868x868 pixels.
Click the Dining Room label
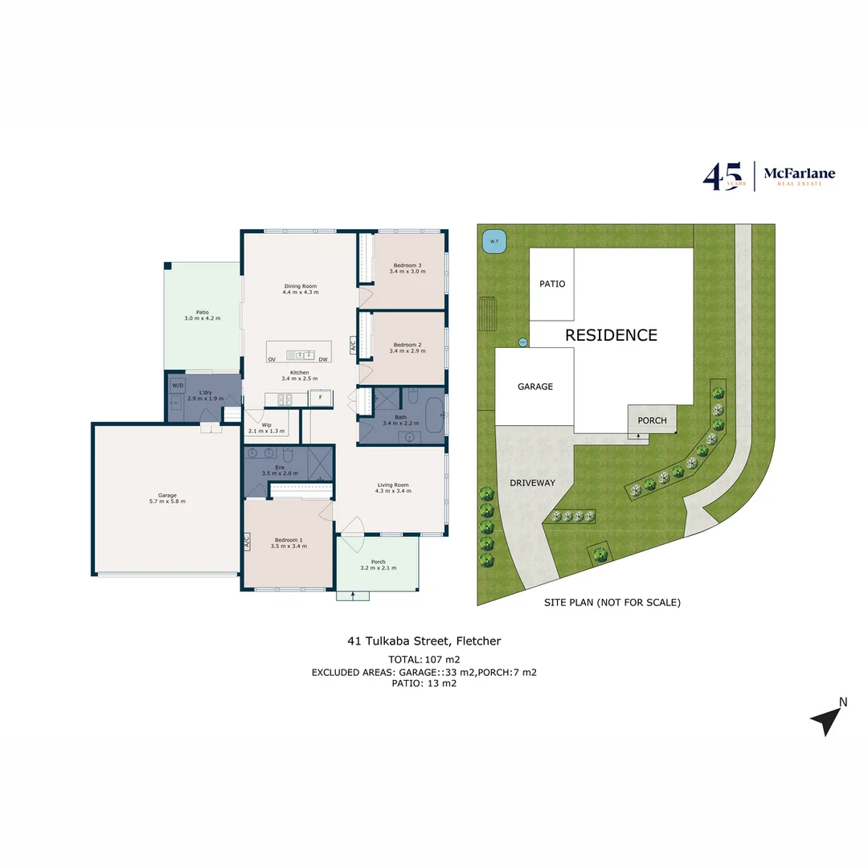tap(301, 286)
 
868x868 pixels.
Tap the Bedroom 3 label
tap(407, 265)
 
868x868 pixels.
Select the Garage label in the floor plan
tap(167, 495)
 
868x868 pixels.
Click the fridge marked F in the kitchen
tap(321, 398)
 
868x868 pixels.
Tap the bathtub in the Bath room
tap(432, 415)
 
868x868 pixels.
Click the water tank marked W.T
tap(489, 240)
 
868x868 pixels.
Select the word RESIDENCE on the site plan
tap(611, 335)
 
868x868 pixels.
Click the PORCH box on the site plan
tap(652, 420)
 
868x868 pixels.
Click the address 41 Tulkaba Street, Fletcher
tap(424, 641)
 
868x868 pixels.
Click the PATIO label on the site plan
tap(552, 284)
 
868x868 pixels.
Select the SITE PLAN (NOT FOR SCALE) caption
tap(612, 602)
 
